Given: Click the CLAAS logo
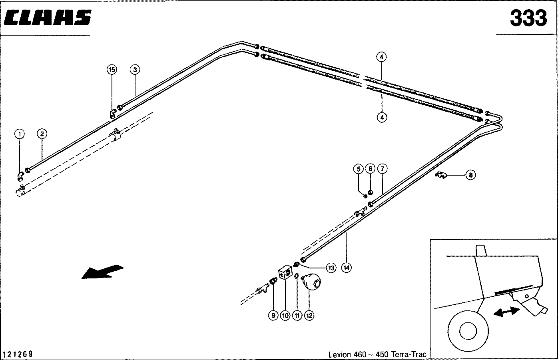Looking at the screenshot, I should pyautogui.click(x=48, y=18).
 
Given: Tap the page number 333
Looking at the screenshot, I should pyautogui.click(x=528, y=18).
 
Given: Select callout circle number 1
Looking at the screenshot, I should pyautogui.click(x=20, y=134).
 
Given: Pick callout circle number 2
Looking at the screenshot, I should pyautogui.click(x=42, y=134).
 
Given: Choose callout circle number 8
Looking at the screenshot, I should pyautogui.click(x=470, y=175).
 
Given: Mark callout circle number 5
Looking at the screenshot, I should pyautogui.click(x=358, y=168).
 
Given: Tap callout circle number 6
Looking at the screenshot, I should pyautogui.click(x=370, y=168).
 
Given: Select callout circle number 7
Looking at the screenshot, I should pyautogui.click(x=382, y=168).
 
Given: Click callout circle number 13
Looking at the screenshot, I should pyautogui.click(x=331, y=268).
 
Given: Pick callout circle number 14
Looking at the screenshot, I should pyautogui.click(x=346, y=268).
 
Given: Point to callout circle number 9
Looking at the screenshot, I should pyautogui.click(x=273, y=315).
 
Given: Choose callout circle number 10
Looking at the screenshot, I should pyautogui.click(x=285, y=315).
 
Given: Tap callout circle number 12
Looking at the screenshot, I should pyautogui.click(x=309, y=315).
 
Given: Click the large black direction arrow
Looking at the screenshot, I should pyautogui.click(x=102, y=272).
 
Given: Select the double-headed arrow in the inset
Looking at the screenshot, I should pyautogui.click(x=506, y=310).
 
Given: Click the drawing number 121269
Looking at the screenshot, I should pyautogui.click(x=18, y=354).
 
